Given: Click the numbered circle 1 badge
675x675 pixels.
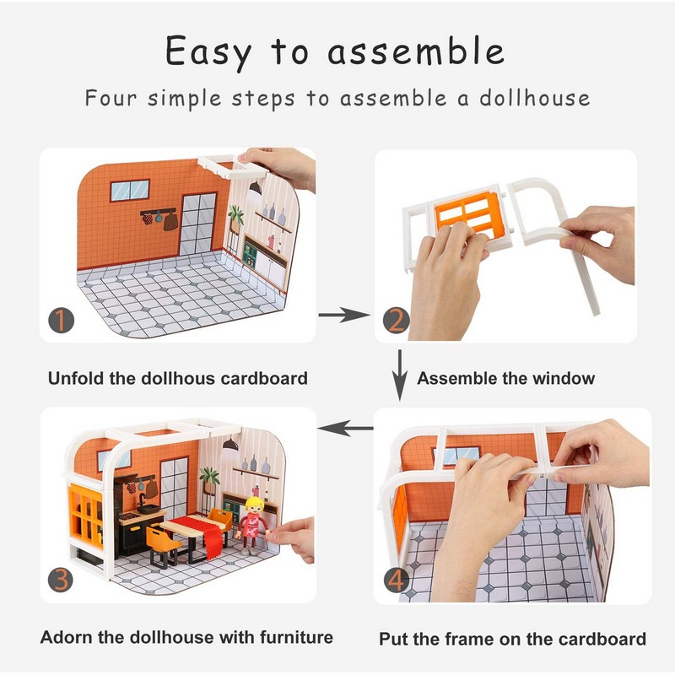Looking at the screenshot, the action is point(61,321).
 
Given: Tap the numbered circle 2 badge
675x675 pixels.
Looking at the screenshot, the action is point(396,321).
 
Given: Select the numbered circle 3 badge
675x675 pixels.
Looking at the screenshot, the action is point(61,579).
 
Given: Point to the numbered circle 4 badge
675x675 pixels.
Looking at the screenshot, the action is point(396,580).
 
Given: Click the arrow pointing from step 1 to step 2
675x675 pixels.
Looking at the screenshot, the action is point(344,315).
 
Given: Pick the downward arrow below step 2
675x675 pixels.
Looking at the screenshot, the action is point(400,375).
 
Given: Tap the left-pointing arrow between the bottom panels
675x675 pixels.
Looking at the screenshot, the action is point(345,428).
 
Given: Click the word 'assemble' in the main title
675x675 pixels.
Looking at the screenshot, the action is point(416,51).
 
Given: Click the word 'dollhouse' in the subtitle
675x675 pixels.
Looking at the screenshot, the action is point(535,98).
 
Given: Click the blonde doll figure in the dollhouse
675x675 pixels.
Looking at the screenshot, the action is point(252,524).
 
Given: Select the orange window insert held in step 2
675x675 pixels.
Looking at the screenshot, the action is point(468,214).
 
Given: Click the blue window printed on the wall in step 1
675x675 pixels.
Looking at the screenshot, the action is point(130,191).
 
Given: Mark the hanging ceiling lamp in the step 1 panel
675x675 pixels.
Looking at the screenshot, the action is point(256,187).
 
